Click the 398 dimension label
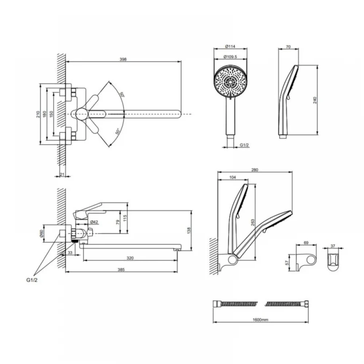click(x=123, y=59)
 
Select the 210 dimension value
click(x=38, y=114)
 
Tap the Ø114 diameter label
click(x=230, y=46)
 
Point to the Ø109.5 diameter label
click(x=230, y=56)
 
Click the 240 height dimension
click(x=315, y=100)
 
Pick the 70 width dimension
click(x=288, y=47)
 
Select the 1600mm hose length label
click(x=261, y=320)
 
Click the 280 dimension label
click(x=255, y=170)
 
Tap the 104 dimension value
click(x=233, y=177)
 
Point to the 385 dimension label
click(x=121, y=269)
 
